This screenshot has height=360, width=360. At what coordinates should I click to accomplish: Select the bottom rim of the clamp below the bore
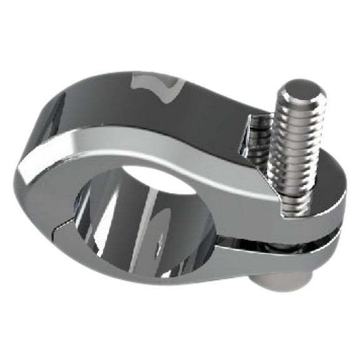click(150, 275)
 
